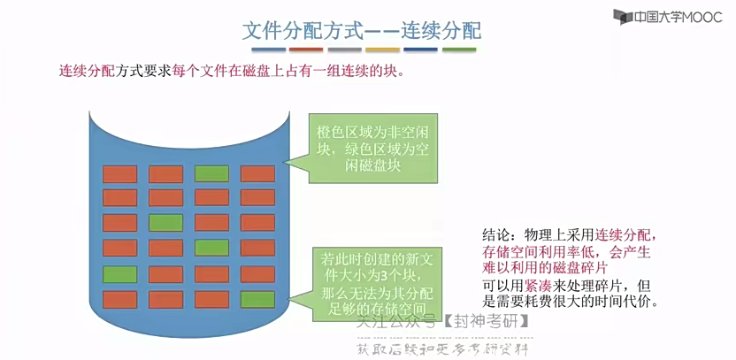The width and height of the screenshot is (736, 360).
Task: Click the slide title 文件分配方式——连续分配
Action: click(362, 30)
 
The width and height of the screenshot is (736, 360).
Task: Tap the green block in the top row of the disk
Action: click(211, 172)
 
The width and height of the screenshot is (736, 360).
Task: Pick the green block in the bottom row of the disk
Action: click(257, 299)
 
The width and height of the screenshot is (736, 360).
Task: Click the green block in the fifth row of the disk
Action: click(119, 273)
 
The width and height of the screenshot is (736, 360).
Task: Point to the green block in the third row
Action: click(165, 222)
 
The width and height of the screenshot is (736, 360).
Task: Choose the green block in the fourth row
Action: click(211, 248)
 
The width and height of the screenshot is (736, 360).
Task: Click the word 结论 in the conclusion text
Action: click(496, 235)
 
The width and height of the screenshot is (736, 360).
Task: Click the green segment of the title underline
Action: click(459, 50)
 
